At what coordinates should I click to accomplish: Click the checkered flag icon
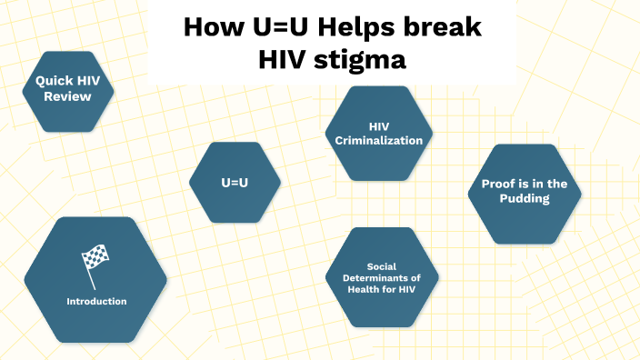click(95, 260)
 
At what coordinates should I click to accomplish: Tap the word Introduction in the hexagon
click(95, 301)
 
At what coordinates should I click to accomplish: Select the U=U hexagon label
click(235, 183)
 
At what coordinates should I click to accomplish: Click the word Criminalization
click(379, 141)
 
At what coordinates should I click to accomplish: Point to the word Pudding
click(524, 199)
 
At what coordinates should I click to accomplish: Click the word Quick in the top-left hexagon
click(52, 80)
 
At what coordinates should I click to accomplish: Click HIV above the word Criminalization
click(379, 126)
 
